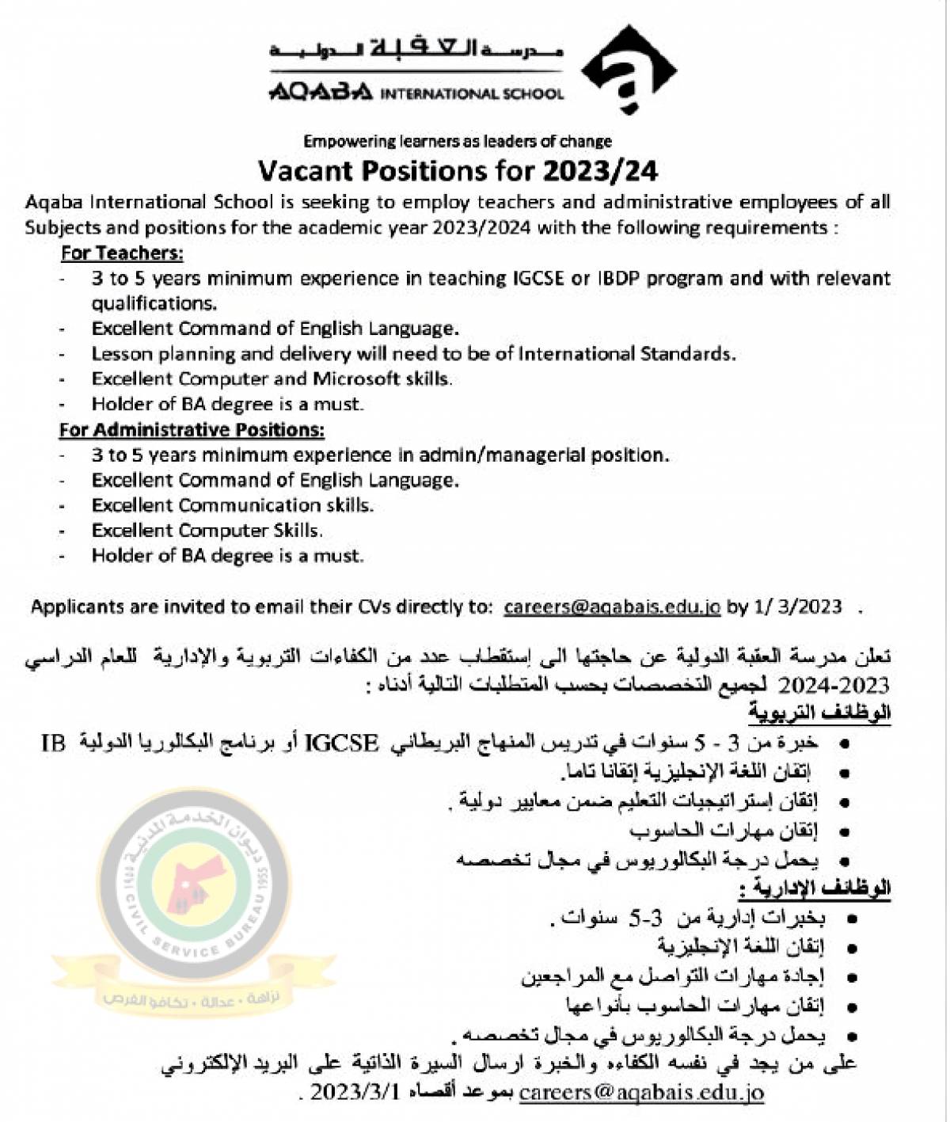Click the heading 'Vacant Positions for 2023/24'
(x=458, y=170)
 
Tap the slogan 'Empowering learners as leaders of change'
(x=458, y=142)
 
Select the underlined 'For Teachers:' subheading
(x=122, y=253)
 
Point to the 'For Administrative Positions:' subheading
(x=192, y=430)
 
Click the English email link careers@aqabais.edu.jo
(x=612, y=607)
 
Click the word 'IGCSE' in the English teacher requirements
(x=535, y=279)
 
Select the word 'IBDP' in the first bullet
(x=618, y=279)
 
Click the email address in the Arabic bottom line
(x=641, y=1093)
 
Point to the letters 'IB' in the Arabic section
(x=53, y=743)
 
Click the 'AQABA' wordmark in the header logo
(x=320, y=93)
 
